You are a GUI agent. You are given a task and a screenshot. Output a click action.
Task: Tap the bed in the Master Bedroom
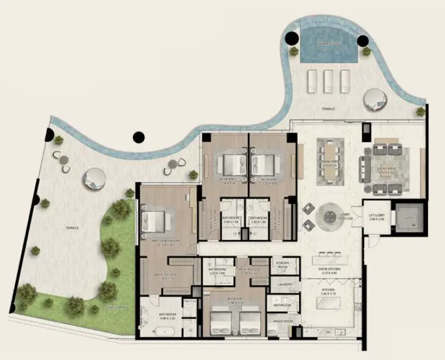coord(157,221)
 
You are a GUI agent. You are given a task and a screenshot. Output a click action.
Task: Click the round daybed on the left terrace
coord(94,179)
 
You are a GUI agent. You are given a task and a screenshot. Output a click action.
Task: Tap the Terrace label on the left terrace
coord(72,228)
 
